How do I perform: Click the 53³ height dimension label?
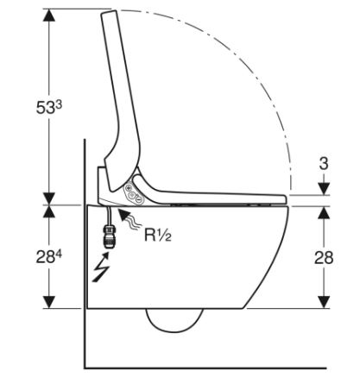pos(49,108)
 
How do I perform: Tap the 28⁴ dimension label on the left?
pos(49,257)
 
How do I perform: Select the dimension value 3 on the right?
pos(324,164)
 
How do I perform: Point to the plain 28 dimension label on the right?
pos(324,257)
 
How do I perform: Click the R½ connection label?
pos(158,235)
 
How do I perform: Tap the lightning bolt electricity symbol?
pos(101,267)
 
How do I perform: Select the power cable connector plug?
pos(109,236)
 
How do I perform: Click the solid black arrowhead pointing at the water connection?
pos(124,215)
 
